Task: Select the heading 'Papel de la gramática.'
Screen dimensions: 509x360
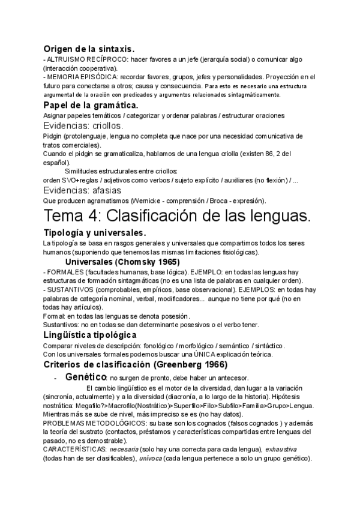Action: point(91,105)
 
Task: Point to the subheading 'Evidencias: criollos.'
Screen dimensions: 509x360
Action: point(83,126)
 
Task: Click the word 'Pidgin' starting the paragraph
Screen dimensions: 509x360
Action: point(53,137)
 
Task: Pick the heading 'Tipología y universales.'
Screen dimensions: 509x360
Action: point(95,232)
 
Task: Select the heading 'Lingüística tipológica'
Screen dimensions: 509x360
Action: point(90,334)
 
